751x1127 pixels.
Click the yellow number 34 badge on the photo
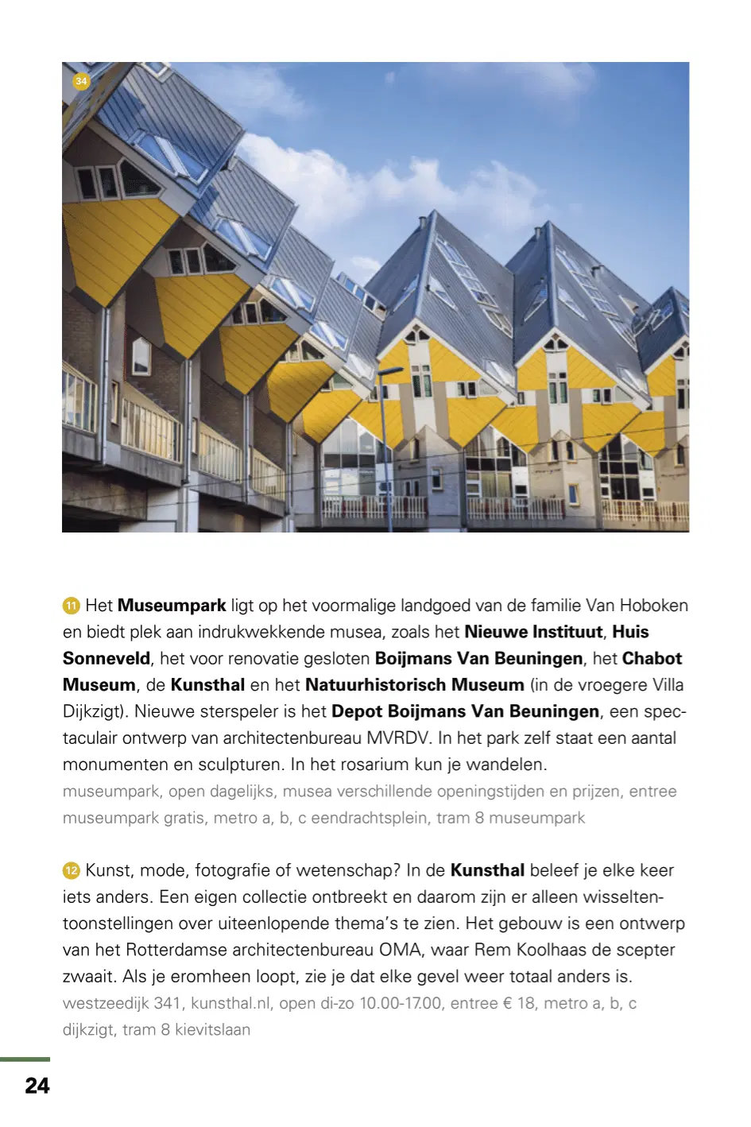pos(81,81)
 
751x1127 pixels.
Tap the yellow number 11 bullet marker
pos(72,606)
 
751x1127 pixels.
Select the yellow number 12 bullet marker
pos(72,871)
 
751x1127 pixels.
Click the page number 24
pos(37,1086)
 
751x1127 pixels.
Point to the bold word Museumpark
pos(172,606)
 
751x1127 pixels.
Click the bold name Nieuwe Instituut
pos(533,632)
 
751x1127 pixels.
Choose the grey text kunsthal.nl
pos(231,1003)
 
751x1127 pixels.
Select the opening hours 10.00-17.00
pos(400,1003)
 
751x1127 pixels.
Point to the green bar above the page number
pos(25,1059)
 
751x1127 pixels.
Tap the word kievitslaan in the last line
pos(212,1030)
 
